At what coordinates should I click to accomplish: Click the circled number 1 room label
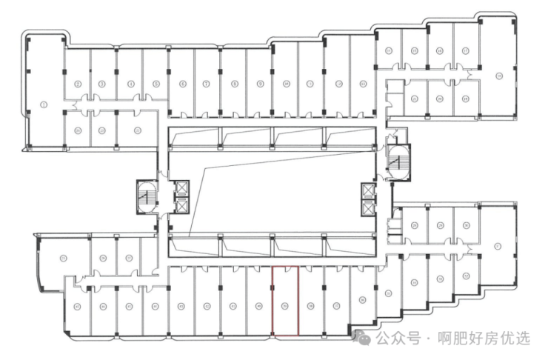pos(45,105)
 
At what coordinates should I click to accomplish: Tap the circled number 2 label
pos(78,84)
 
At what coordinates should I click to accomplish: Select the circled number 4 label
pos(130,84)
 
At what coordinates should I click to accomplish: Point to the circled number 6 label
pos(182,84)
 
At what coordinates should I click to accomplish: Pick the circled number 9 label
pos(260,84)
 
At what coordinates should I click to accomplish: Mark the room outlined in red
pos(285,302)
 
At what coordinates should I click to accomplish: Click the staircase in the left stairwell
pos(147,198)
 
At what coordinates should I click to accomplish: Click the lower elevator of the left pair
pos(180,207)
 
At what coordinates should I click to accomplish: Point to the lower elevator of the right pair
pos(367,207)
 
